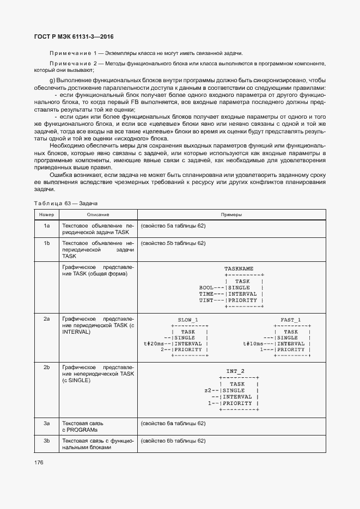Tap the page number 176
(x=39, y=463)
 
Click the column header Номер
(x=46, y=215)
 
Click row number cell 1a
(x=46, y=225)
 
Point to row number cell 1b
(x=46, y=243)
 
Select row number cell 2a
(x=46, y=320)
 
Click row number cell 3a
(x=46, y=423)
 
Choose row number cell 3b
(x=46, y=440)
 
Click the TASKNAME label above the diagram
(x=239, y=269)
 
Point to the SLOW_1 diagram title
(x=188, y=320)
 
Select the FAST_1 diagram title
(x=290, y=320)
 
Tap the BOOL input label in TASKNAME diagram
(x=206, y=287)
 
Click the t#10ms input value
(x=254, y=344)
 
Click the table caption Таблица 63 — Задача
(x=65, y=203)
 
